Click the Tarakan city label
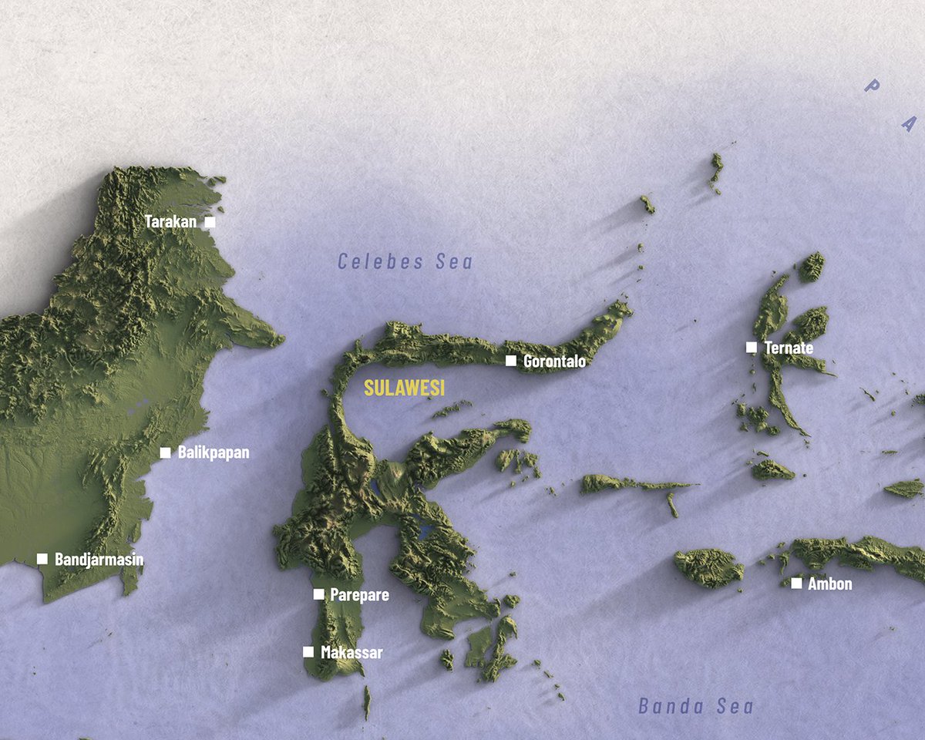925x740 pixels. (170, 222)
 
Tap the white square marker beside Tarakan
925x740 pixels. (210, 222)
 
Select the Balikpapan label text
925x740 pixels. (214, 452)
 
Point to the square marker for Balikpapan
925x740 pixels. (165, 452)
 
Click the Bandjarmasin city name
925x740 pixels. (99, 560)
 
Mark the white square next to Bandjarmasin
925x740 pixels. (42, 559)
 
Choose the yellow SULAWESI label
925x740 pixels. (405, 388)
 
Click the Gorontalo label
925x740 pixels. (554, 361)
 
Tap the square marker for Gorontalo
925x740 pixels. (510, 361)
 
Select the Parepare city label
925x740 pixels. (359, 594)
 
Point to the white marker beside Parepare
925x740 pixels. (318, 594)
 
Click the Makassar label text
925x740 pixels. (351, 653)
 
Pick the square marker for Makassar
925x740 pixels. (308, 652)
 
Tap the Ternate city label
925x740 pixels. (789, 348)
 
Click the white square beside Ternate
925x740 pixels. (752, 348)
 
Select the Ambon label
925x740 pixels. (829, 584)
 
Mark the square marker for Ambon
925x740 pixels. (796, 584)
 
